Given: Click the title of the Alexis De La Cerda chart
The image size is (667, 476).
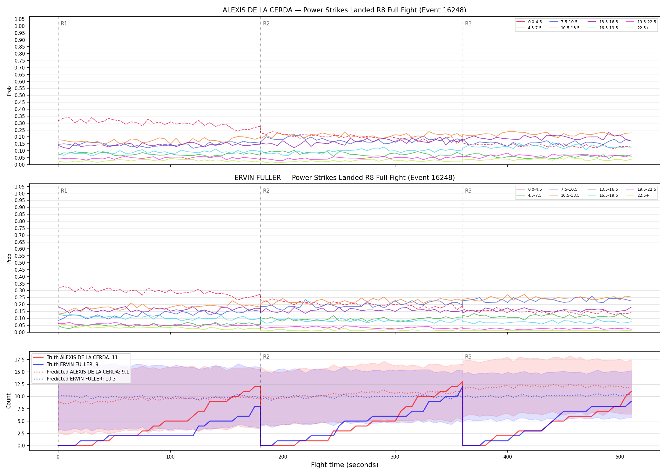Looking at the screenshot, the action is (x=344, y=10).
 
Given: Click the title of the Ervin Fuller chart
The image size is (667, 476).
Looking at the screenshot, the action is (x=344, y=178).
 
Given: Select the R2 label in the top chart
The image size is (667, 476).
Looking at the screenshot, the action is (x=266, y=23).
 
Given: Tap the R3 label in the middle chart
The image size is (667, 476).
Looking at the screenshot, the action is (x=468, y=191).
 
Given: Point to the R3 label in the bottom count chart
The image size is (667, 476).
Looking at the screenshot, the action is (x=468, y=357).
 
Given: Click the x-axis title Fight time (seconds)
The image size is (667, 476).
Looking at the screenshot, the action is (x=345, y=465).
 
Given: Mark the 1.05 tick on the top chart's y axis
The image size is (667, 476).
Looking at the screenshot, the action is (x=20, y=19).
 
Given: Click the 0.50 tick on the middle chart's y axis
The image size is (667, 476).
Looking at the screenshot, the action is (x=20, y=263).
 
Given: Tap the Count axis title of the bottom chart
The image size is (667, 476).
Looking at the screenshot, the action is (x=9, y=401).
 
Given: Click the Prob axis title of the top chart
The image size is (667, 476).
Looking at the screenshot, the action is (x=9, y=91).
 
